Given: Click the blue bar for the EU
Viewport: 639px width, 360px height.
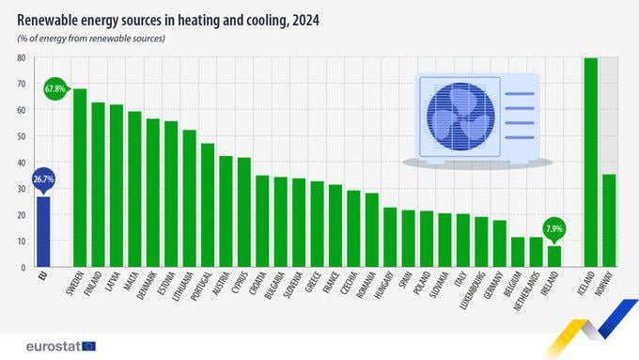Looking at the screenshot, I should pyautogui.click(x=43, y=231).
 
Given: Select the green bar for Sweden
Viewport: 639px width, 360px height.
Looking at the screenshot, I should pyautogui.click(x=80, y=178).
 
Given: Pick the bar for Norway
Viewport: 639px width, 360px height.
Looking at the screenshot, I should pyautogui.click(x=609, y=220).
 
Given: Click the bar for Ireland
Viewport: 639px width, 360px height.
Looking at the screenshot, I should pyautogui.click(x=554, y=256).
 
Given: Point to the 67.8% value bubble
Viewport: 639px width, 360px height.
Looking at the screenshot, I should pyautogui.click(x=55, y=88).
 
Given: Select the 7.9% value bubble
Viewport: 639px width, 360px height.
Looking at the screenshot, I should pyautogui.click(x=554, y=228).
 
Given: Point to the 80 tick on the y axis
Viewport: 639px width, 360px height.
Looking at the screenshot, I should pyautogui.click(x=21, y=57).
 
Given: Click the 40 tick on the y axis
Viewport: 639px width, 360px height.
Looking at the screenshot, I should pyautogui.click(x=21, y=162).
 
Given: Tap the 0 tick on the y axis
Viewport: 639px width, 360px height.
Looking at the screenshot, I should pyautogui.click(x=23, y=267).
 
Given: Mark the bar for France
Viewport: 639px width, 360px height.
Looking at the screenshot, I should pyautogui.click(x=335, y=226).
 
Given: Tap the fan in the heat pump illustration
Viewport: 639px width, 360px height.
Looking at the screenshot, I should pyautogui.click(x=459, y=116).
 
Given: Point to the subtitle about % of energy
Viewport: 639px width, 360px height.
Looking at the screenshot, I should pyautogui.click(x=90, y=38).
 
